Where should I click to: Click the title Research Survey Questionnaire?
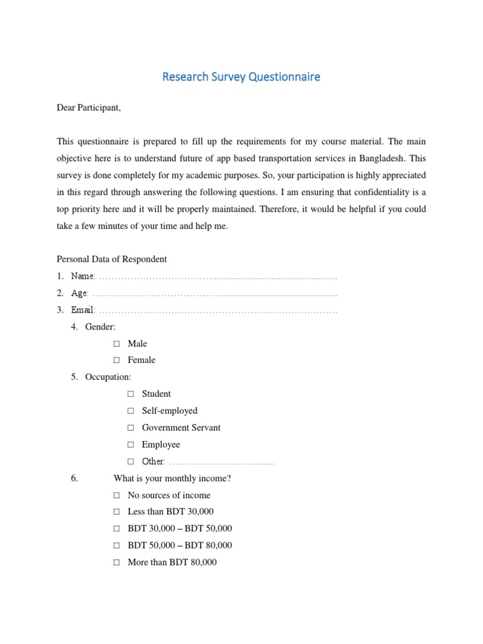point(241,77)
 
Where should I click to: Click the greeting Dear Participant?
point(89,108)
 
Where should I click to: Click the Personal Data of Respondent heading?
point(111,259)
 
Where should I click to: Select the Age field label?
point(80,293)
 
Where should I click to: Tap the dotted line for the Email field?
point(218,310)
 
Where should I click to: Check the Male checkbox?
point(116,344)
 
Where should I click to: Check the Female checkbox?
point(116,360)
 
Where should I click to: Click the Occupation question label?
point(108,377)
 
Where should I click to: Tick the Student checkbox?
point(131,394)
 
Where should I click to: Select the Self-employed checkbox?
point(131,411)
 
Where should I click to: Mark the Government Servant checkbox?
point(131,428)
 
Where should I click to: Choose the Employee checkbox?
point(131,445)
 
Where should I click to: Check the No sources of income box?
point(116,496)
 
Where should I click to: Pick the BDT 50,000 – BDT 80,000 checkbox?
point(116,546)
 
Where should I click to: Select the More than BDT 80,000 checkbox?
point(116,563)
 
